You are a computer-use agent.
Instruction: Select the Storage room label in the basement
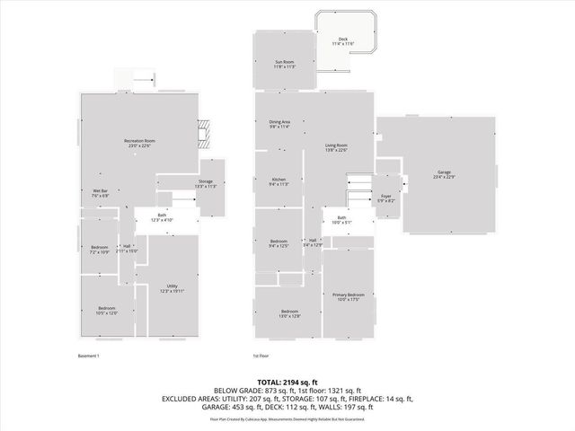click(x=207, y=184)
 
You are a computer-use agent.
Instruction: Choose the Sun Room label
click(x=285, y=64)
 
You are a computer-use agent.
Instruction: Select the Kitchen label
click(x=279, y=182)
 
